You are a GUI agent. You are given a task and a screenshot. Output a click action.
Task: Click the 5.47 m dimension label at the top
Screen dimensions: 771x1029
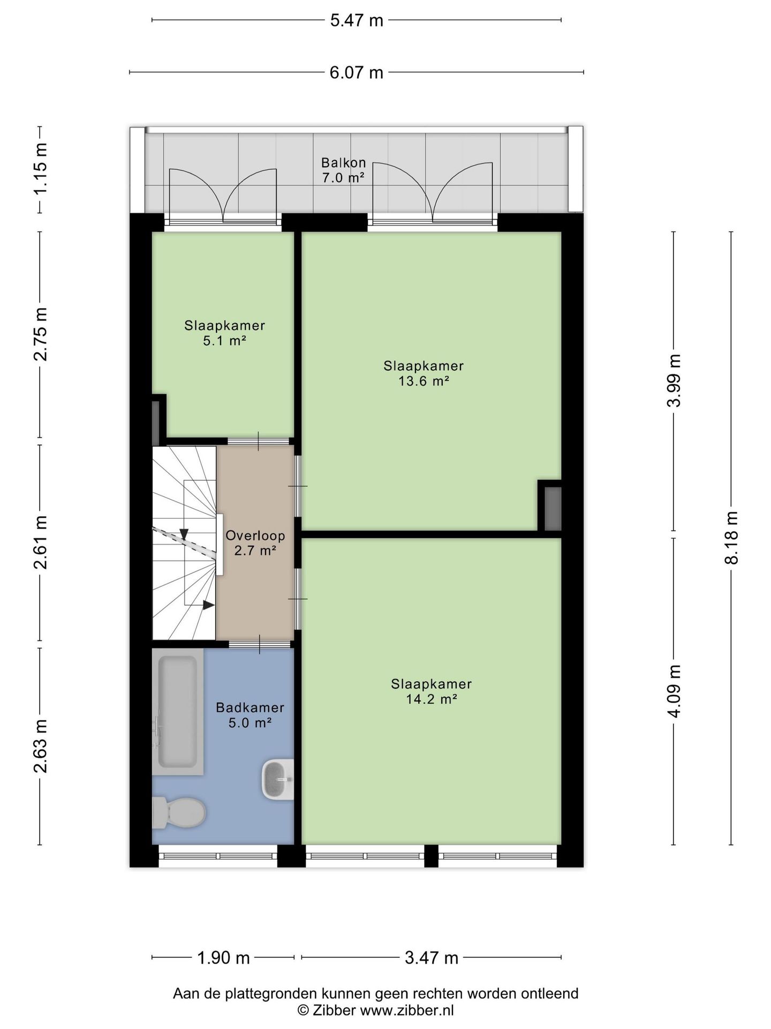pos(357,20)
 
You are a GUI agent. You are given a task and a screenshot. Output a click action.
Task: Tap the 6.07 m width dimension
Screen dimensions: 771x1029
pos(357,72)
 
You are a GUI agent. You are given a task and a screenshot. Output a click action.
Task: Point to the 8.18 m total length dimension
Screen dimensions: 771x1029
pos(731,538)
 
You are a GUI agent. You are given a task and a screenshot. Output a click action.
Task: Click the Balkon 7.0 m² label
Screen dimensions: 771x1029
pos(343,170)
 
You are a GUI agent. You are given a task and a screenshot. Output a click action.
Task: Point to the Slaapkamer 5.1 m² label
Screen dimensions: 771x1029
pos(225,333)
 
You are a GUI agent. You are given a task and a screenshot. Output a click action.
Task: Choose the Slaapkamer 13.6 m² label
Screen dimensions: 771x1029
pos(424,374)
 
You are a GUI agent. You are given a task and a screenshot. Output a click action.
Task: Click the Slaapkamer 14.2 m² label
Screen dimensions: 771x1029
pos(431,691)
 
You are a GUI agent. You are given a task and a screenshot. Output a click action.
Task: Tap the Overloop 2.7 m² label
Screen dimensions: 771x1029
pos(255,542)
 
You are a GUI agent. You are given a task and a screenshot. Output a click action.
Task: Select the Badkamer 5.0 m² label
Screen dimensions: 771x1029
pos(250,715)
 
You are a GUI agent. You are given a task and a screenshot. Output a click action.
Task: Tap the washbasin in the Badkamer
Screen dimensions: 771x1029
pos(277,780)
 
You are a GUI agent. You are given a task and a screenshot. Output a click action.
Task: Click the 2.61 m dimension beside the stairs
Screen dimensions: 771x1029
pos(41,542)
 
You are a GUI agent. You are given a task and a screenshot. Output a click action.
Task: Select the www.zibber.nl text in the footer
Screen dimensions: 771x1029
pos(406,1010)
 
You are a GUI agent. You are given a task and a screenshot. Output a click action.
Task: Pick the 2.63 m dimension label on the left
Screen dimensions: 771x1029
pos(41,747)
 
